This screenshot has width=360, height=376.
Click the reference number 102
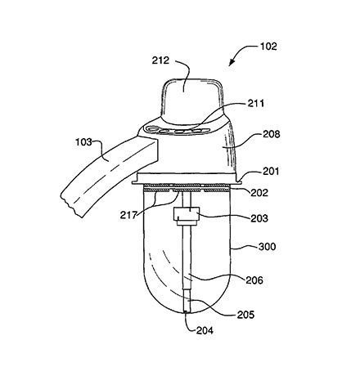(268, 47)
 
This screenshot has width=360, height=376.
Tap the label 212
(160, 60)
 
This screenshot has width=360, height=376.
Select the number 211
(256, 103)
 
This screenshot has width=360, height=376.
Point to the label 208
(272, 134)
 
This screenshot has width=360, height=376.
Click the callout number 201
(271, 172)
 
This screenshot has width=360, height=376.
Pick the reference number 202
(259, 193)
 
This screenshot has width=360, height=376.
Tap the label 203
(259, 218)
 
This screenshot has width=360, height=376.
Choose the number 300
(268, 247)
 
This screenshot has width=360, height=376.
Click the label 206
(254, 280)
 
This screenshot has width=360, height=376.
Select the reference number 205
(245, 315)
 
